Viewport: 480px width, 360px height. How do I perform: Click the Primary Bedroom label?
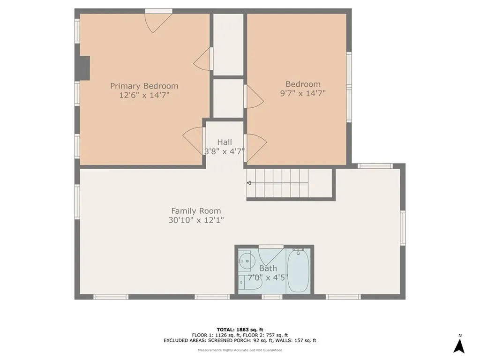coord(144,86)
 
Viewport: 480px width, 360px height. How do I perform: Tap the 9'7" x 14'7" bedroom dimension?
coord(303,93)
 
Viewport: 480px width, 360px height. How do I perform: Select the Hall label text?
coord(224,142)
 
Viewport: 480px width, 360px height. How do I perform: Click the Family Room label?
coord(195,211)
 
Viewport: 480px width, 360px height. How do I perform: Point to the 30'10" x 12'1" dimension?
coord(195,220)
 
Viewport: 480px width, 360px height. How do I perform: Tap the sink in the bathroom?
coord(245,259)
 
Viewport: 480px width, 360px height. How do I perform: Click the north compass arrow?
coord(459,345)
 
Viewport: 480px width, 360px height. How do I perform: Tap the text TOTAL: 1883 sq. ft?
coord(240,329)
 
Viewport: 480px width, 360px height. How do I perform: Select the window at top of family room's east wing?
coord(375,166)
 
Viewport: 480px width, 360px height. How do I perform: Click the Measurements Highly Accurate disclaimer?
coord(240,350)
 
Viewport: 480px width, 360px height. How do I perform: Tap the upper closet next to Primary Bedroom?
coord(228,45)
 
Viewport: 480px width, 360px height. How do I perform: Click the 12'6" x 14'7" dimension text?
coord(144,95)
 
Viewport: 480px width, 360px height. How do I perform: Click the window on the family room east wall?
coord(403,227)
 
